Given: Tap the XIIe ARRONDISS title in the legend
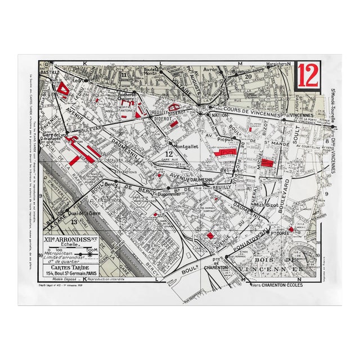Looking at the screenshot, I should (70, 239).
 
